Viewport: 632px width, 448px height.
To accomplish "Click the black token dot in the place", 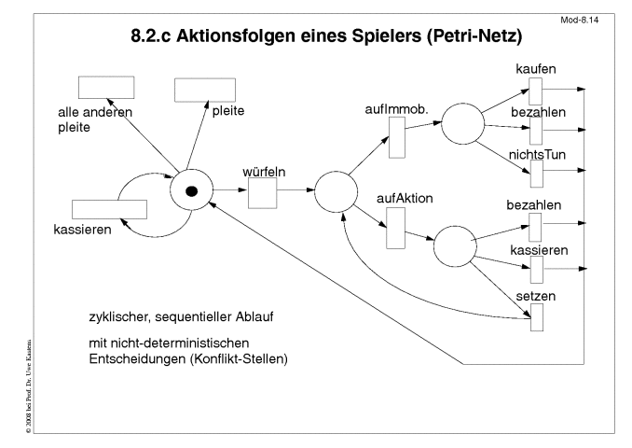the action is (191, 191).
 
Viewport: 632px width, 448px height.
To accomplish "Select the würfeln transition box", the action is (262, 193).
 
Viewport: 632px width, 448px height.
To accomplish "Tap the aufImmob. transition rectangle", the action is (397, 137).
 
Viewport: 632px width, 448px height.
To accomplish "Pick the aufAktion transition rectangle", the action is (396, 228).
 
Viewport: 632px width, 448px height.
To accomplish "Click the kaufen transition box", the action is (536, 91).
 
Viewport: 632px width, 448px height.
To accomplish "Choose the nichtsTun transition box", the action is (537, 174).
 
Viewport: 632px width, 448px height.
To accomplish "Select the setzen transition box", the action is (537, 317).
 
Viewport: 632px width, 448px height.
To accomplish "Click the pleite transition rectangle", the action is (205, 90).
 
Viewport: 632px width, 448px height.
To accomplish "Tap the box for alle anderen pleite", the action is (106, 87).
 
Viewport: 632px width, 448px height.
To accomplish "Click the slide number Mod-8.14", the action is (579, 21).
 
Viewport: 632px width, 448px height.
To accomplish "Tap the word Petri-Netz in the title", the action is (474, 36).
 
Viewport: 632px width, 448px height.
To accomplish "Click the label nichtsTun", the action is (537, 155).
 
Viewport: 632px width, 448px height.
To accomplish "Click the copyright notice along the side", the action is (28, 386).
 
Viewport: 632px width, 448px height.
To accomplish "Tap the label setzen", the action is (536, 296).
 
